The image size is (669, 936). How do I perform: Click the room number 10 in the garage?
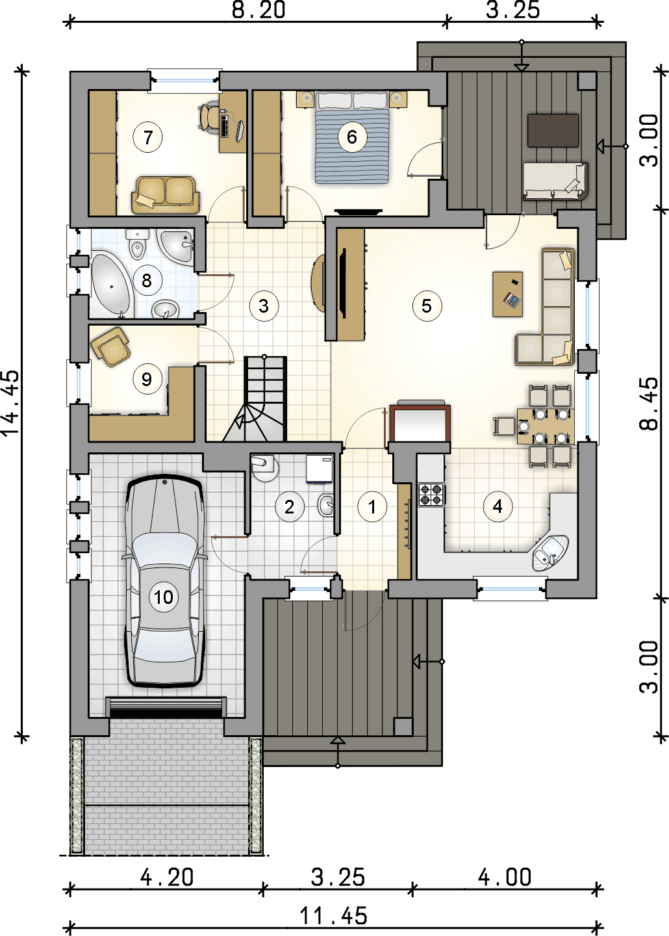coord(163,597)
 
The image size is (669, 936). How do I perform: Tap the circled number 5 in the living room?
coord(426,306)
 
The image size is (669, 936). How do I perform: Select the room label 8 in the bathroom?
coord(146,280)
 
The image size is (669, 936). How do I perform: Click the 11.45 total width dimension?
coord(334,916)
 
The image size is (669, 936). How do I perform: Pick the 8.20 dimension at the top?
coord(259,10)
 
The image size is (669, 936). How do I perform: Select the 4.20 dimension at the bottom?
coord(167,877)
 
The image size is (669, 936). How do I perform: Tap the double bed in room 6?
coord(351,137)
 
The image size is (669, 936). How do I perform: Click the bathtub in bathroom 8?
coord(110,284)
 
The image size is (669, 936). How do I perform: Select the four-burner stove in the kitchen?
coord(431,494)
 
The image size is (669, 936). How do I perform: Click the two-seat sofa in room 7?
coord(166,194)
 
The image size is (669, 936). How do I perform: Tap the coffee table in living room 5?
coord(507,294)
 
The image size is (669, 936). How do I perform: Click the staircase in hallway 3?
coord(255,398)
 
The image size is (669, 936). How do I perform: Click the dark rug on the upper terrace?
coord(553,131)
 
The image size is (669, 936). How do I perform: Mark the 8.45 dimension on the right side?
coord(649,403)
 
